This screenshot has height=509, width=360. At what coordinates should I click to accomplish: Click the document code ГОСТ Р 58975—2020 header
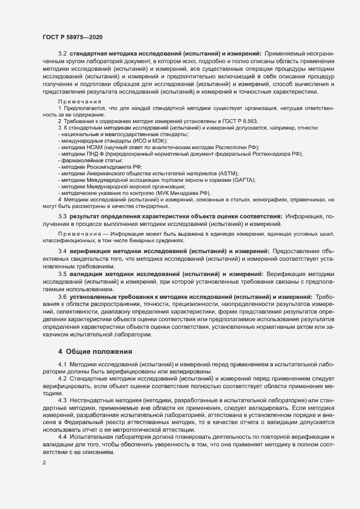pyautogui.click(x=72, y=36)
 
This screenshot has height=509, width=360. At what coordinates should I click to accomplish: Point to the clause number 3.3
pyautogui.click(x=63, y=217)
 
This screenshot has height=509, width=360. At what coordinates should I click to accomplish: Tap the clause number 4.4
pyautogui.click(x=63, y=437)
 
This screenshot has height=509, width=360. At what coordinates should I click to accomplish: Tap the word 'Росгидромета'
pyautogui.click(x=108, y=167)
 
